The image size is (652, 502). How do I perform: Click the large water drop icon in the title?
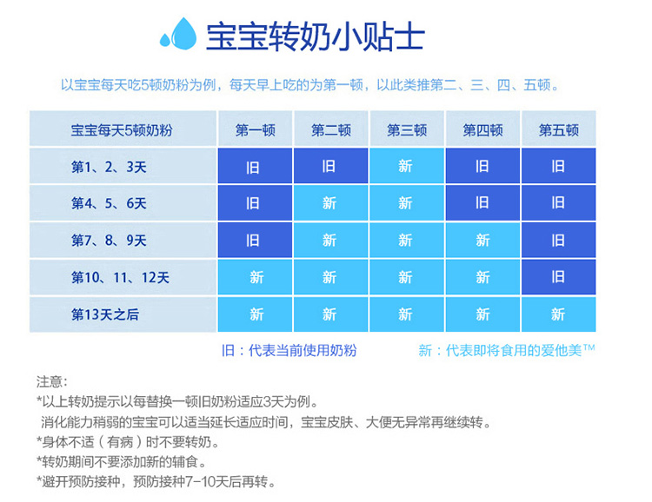tap(184, 34)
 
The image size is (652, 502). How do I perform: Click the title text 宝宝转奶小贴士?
tap(316, 36)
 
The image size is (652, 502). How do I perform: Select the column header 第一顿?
tap(256, 130)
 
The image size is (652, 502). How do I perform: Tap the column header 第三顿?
tap(407, 130)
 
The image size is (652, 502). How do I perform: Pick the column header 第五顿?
tap(559, 130)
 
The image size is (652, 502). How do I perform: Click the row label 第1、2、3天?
tap(109, 167)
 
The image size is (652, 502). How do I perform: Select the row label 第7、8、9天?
tap(109, 241)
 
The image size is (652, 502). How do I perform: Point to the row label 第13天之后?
tap(105, 314)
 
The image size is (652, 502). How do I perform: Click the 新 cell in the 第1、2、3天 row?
tap(407, 166)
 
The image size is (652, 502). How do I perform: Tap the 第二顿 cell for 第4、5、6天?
tap(330, 202)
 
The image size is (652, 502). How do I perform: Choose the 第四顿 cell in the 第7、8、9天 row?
tap(482, 240)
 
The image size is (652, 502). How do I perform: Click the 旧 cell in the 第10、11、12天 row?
tap(558, 277)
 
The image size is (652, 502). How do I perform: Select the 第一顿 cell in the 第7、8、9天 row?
tap(255, 240)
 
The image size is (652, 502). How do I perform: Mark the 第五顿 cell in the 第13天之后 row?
tap(558, 314)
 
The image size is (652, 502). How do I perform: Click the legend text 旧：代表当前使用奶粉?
tap(289, 351)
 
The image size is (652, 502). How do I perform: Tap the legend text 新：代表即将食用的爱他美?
tap(507, 351)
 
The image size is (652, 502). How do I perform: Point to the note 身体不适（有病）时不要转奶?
tap(128, 442)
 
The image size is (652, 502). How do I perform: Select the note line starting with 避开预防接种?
tap(156, 482)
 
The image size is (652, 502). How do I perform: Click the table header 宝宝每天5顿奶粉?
tap(122, 130)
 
